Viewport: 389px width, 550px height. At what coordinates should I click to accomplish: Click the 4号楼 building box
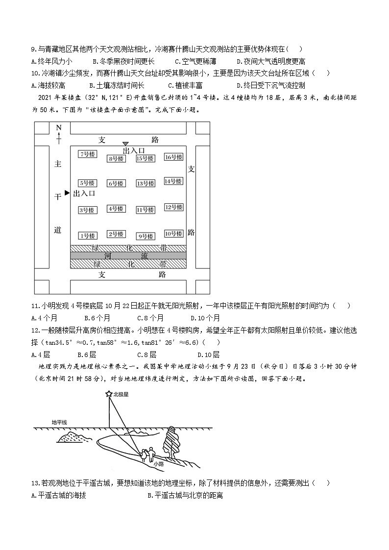pos(117,209)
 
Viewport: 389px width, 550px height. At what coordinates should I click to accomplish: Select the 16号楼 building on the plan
pos(173,157)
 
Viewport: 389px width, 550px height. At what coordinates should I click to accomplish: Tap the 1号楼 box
pos(88,236)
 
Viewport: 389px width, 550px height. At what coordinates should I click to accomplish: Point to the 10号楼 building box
pos(173,234)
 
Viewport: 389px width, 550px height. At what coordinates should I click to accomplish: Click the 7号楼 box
pos(88,154)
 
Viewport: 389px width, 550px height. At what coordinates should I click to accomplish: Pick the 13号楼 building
pos(146,183)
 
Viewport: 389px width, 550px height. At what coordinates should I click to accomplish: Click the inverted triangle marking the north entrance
pos(125,144)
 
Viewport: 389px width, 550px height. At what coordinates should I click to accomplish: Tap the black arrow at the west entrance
pos(68,193)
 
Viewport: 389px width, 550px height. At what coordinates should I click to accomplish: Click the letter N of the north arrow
pos(58,128)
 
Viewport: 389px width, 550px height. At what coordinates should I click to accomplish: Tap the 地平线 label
pos(59,422)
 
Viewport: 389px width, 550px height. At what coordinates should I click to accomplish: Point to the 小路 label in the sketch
pos(158,463)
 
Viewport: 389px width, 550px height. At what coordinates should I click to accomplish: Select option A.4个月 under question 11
pos(43,317)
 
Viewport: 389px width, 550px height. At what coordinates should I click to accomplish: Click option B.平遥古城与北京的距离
pos(185,496)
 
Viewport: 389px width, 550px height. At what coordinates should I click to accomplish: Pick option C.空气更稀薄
pos(195,61)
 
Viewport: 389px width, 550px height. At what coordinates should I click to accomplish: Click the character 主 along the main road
pos(58,164)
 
